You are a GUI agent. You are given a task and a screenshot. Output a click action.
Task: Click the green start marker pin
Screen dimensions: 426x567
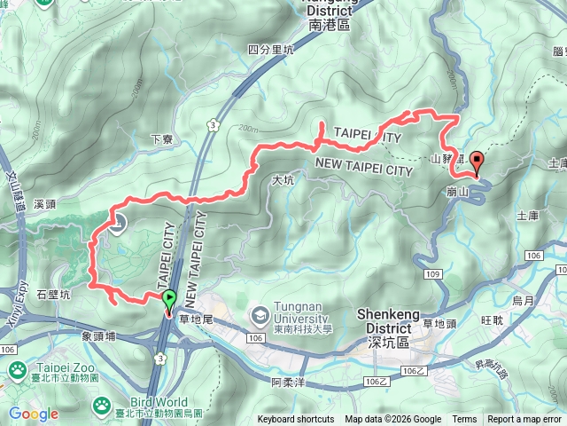coord(168,300)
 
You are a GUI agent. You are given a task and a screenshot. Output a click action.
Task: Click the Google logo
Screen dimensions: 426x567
coord(34,414)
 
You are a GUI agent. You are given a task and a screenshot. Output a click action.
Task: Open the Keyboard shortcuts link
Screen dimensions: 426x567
coord(296,420)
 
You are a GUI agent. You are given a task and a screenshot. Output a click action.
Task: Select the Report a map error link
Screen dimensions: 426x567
coord(524,420)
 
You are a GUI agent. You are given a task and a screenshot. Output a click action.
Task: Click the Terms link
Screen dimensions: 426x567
coord(464,420)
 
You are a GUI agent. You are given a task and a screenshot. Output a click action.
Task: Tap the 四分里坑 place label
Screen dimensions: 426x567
coord(270,50)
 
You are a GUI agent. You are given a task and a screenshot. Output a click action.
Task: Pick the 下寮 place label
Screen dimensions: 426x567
coord(161,139)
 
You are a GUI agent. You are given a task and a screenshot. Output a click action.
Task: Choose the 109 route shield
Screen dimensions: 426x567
coord(432,275)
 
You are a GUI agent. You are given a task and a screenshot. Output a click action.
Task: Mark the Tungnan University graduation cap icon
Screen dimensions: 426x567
coord(260,313)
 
